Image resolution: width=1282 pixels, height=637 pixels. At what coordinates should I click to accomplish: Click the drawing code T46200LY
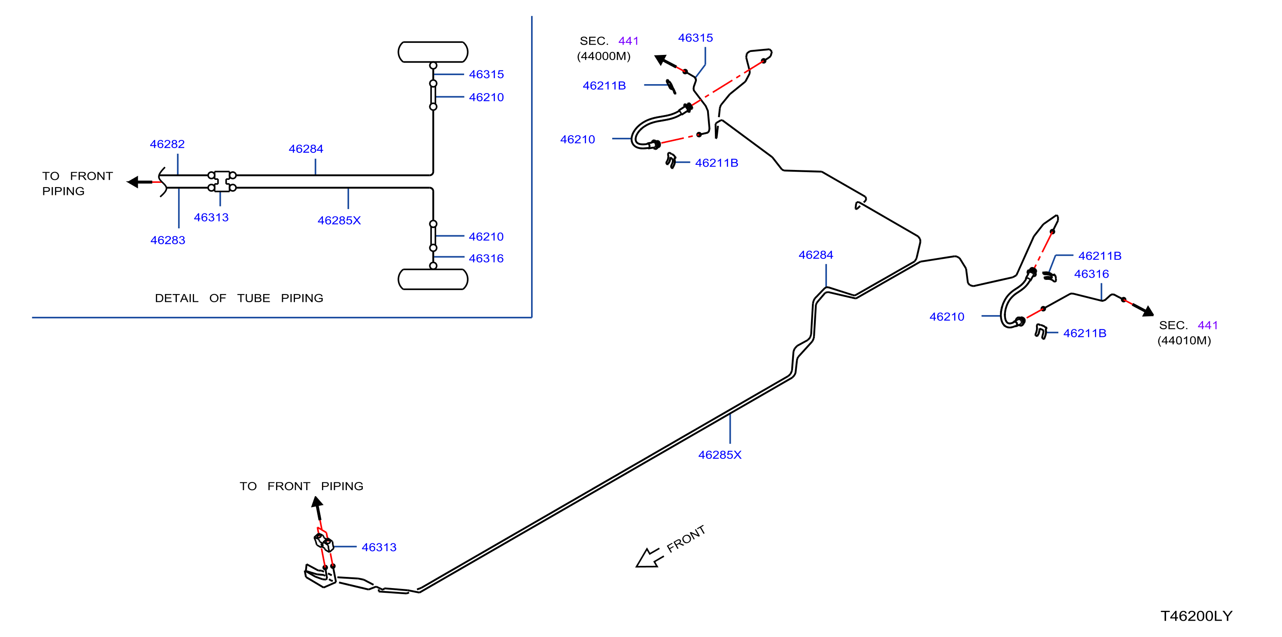point(1197,616)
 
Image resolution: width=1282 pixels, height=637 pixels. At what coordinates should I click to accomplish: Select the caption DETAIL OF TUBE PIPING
point(239,298)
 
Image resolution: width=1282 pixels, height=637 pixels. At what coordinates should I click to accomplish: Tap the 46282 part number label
point(167,144)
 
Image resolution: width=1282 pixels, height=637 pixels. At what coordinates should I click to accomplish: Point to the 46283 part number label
point(168,240)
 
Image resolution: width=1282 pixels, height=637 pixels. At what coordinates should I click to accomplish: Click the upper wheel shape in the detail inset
point(433,52)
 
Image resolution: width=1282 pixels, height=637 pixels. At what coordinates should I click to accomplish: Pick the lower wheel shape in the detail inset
point(433,279)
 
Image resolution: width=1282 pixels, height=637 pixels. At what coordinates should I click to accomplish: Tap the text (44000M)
point(604,56)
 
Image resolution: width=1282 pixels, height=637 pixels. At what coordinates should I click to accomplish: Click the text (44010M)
point(1184,340)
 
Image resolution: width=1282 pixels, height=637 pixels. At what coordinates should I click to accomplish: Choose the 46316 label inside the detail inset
point(486,258)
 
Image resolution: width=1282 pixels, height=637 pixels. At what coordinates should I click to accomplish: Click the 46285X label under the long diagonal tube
point(720,455)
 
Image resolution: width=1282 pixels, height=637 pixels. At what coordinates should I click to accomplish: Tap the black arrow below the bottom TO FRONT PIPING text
point(318,508)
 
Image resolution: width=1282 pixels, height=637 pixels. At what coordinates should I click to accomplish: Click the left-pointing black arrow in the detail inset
point(140,182)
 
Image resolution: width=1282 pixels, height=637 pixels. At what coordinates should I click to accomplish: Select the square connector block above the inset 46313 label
point(222,182)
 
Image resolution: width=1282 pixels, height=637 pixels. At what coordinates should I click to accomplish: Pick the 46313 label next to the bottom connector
point(379,547)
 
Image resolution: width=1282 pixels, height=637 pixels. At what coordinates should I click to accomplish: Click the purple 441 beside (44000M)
point(629,41)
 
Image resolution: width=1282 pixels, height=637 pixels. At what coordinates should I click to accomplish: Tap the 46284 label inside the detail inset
point(306,149)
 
